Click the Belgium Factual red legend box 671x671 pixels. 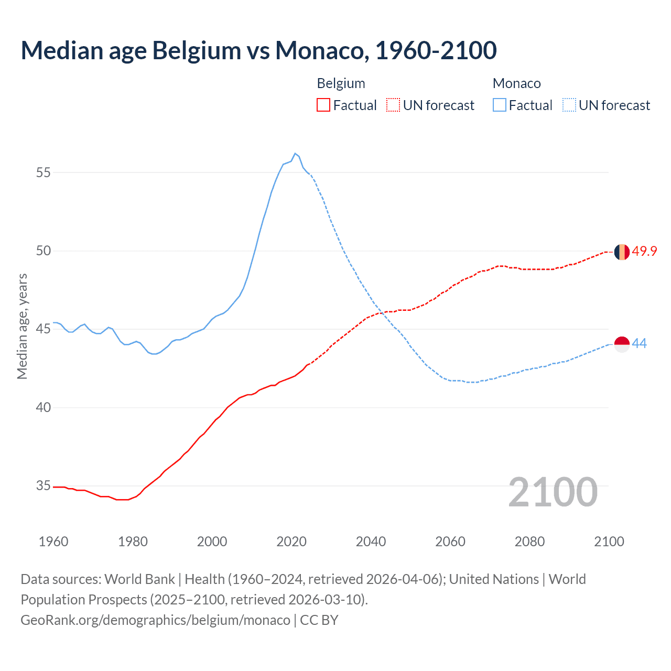pyautogui.click(x=323, y=105)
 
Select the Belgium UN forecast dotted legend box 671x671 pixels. pyautogui.click(x=393, y=105)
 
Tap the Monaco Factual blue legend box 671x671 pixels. pyautogui.click(x=500, y=105)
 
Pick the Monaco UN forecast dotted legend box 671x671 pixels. pyautogui.click(x=569, y=105)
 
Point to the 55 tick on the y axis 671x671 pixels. pyautogui.click(x=44, y=172)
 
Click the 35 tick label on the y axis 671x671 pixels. pyautogui.click(x=44, y=486)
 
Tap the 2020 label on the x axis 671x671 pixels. pyautogui.click(x=291, y=542)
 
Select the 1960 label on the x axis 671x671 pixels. pyautogui.click(x=53, y=542)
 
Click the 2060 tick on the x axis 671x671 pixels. pyautogui.click(x=450, y=542)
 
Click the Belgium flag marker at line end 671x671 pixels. pyautogui.click(x=622, y=252)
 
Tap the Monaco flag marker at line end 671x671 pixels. pyautogui.click(x=622, y=344)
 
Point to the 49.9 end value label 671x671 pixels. pyautogui.click(x=644, y=252)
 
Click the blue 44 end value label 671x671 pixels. pyautogui.click(x=640, y=344)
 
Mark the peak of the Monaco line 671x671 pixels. pyautogui.click(x=295, y=154)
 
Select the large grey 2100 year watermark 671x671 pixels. pyautogui.click(x=553, y=492)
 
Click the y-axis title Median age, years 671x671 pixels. pyautogui.click(x=22, y=326)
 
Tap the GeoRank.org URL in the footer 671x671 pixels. pyautogui.click(x=155, y=620)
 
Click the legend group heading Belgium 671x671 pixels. pyautogui.click(x=341, y=83)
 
